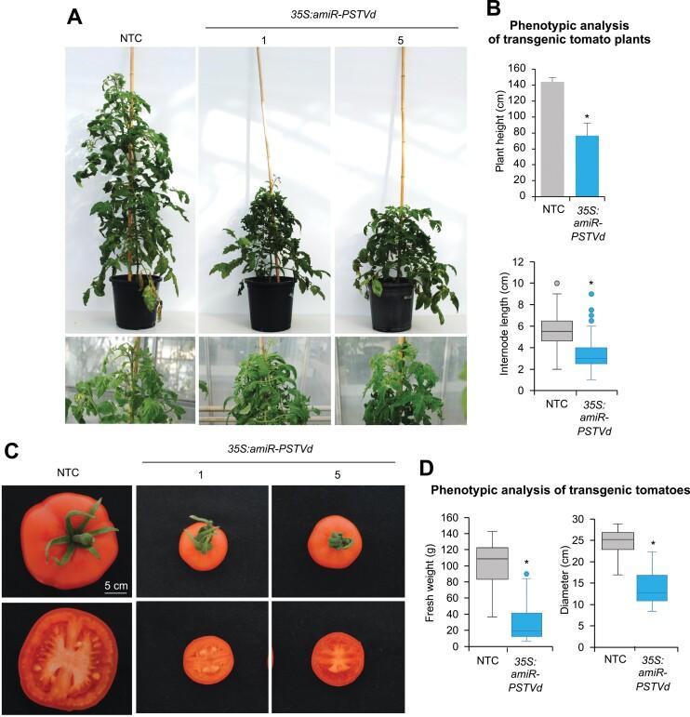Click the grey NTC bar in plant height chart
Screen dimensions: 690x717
(552, 139)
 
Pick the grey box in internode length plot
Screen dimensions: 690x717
(557, 331)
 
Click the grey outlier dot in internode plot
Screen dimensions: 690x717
(557, 283)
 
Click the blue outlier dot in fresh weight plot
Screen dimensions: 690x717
(525, 575)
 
